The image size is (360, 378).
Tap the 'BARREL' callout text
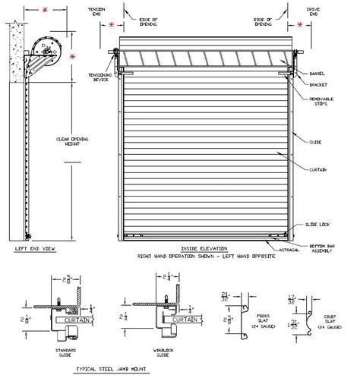click(317, 74)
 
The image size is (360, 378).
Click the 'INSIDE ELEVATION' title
click(202, 249)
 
